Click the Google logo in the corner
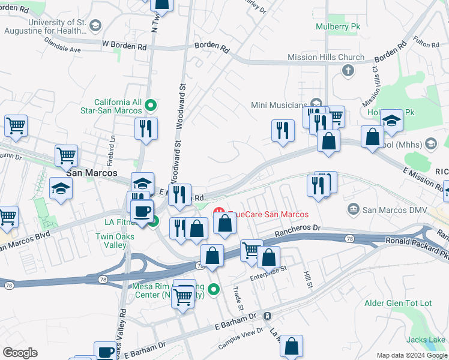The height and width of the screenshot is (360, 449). [20, 353]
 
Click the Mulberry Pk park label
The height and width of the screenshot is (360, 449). [334, 26]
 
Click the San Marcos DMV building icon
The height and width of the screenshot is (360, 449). [354, 209]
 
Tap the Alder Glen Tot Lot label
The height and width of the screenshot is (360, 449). [398, 303]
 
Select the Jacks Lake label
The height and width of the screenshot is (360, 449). [427, 340]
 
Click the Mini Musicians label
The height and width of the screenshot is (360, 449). [279, 106]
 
